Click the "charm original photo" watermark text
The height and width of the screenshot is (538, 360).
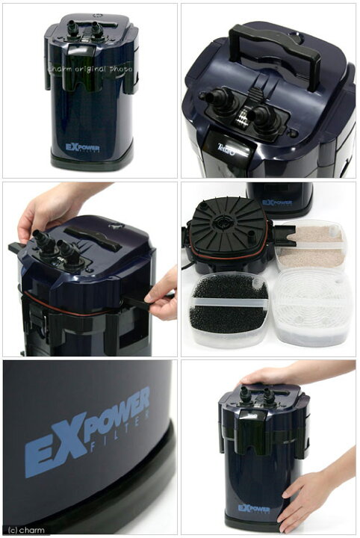(90, 69)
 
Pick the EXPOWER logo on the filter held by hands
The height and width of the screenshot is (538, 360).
(255, 508)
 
